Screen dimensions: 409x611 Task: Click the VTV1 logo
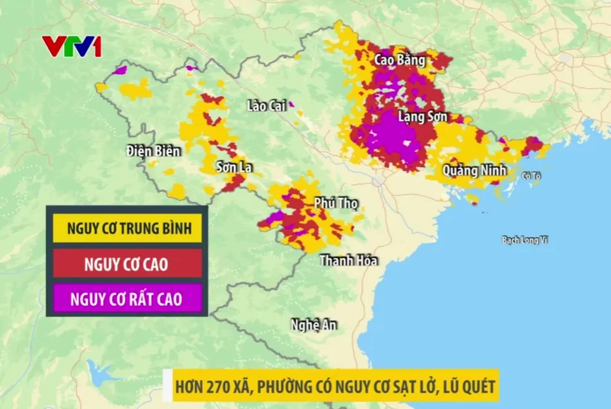tap(71, 46)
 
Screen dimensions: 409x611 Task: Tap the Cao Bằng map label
tap(399, 60)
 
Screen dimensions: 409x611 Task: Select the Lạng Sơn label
tap(422, 117)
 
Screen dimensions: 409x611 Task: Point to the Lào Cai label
tap(267, 106)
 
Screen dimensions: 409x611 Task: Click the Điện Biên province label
tap(153, 151)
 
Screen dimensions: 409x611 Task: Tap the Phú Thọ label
tap(335, 203)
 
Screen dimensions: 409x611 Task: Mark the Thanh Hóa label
tap(349, 260)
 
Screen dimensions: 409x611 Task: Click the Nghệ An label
tap(313, 325)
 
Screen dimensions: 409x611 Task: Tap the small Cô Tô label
tap(532, 176)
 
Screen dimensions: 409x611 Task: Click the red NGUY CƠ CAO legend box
tap(127, 263)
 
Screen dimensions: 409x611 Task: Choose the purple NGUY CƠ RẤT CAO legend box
tap(127, 299)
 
